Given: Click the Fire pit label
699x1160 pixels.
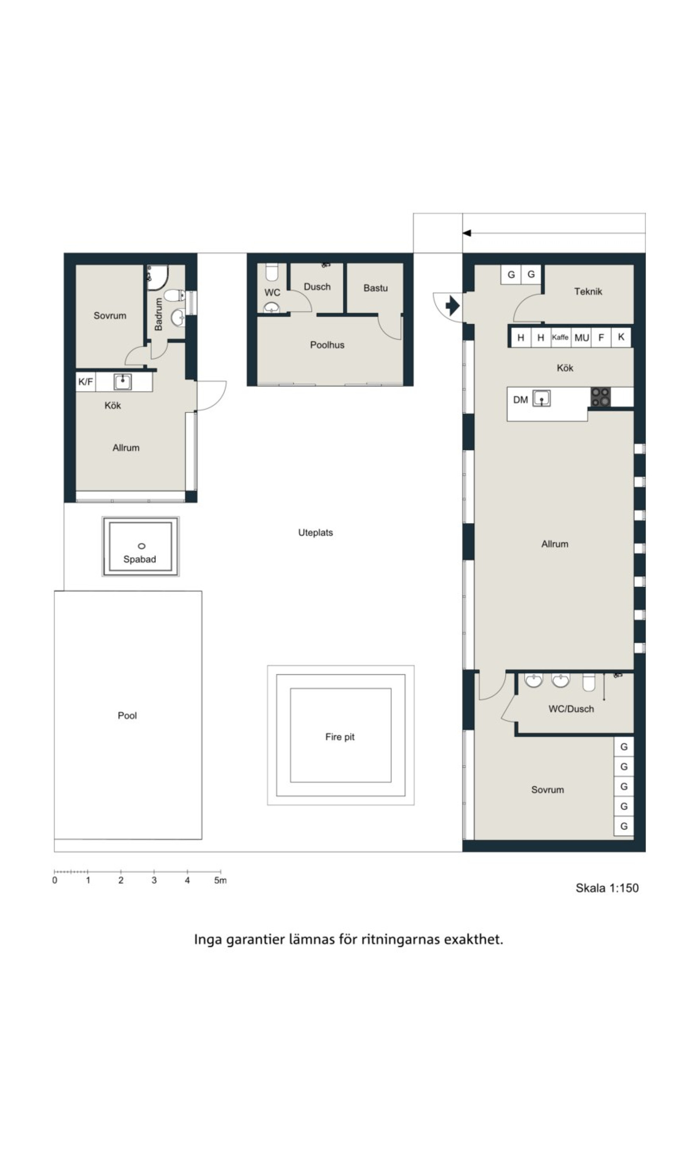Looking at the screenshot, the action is point(340,737).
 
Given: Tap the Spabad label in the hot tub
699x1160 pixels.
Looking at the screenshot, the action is point(140,559).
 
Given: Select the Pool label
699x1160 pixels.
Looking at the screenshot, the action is point(127,716).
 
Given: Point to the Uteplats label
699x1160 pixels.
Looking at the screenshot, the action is point(316,533).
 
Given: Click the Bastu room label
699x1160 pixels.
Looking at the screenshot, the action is point(375,288).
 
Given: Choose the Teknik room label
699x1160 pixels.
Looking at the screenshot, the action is point(588,291).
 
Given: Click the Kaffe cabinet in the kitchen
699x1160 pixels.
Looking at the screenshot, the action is point(560,337).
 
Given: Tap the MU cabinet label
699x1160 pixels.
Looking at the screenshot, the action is point(582,337).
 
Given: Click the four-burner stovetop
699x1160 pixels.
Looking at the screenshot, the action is point(601,397).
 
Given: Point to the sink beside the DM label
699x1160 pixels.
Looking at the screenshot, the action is point(542,398).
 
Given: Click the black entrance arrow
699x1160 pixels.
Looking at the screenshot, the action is point(452,305).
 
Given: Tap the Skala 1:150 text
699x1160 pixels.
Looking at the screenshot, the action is point(607,888).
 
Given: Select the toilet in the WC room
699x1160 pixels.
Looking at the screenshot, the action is point(272,272).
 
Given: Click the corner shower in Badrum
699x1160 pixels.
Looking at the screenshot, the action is point(157,277).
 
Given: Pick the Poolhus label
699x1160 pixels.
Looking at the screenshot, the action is point(327,345).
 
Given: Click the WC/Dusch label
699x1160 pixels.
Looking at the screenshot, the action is point(571,709).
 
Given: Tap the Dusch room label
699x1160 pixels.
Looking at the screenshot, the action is point(317,287).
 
